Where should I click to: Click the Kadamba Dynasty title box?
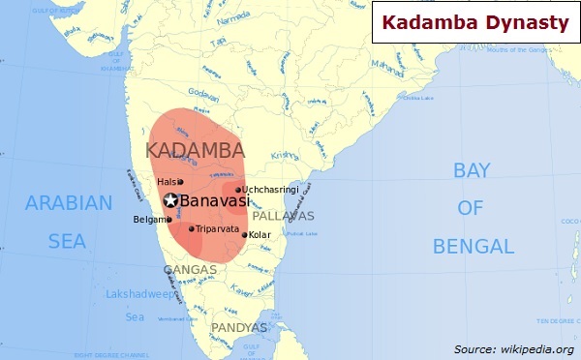click(474, 22)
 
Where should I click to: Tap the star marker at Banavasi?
click(171, 201)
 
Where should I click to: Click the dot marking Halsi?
click(180, 182)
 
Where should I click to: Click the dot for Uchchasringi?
click(238, 190)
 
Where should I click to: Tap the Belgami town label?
click(148, 220)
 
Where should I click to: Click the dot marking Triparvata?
click(192, 229)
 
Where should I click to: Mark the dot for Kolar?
click(245, 234)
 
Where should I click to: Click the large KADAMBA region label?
click(195, 150)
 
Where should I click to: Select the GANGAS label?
click(190, 269)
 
